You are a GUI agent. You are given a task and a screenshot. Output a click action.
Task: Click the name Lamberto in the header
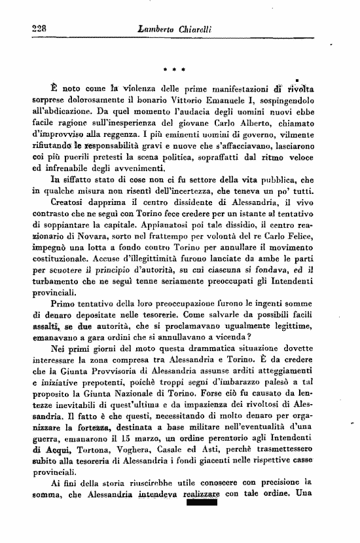click(161, 29)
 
